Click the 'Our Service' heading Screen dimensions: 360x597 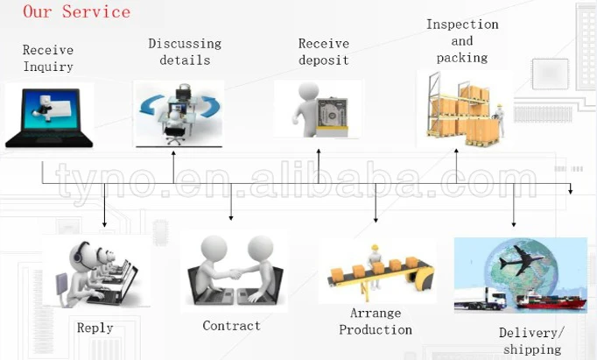coord(76,12)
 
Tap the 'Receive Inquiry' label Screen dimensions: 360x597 coord(48,59)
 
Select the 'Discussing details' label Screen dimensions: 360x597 coord(185,52)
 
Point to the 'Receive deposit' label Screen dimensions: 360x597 coord(323,52)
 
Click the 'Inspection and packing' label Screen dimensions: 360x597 coord(462,41)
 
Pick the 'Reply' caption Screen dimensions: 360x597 coord(95,328)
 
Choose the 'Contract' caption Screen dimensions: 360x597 coord(231,326)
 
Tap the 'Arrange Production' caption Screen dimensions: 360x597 coord(376,321)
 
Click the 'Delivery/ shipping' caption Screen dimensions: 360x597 coord(531,341)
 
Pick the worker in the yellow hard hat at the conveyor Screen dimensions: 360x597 coord(376,257)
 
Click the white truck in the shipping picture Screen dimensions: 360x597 coord(480,299)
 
